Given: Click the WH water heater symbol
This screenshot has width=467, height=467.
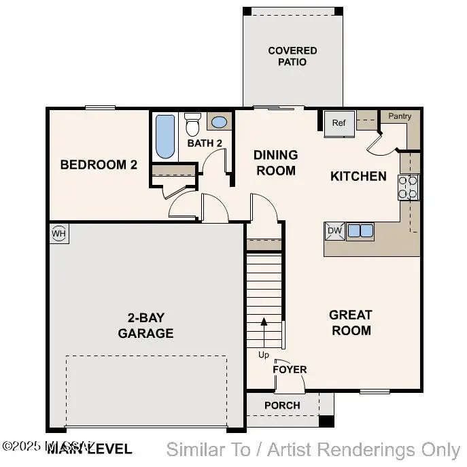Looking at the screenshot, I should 59,234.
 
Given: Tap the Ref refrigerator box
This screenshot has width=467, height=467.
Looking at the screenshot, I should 339,123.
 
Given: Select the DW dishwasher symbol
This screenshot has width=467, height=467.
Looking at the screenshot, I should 334,231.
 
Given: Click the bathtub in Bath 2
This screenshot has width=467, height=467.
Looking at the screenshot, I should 165,136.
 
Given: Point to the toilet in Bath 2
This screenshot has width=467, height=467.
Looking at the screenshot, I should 193,124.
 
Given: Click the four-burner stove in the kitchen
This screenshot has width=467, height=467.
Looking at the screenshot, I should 409,187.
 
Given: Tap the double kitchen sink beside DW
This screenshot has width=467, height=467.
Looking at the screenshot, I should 360,231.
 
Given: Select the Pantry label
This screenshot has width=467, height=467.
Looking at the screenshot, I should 400,116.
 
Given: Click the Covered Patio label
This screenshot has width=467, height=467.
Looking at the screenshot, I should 292,56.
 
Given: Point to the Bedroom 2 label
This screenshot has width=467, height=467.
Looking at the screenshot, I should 94,165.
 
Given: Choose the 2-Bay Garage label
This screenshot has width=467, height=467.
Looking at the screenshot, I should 145,325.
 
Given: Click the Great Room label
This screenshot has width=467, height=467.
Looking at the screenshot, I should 351,323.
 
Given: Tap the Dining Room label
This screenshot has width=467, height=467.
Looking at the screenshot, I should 275,162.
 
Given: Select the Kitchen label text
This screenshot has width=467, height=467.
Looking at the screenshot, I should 358,176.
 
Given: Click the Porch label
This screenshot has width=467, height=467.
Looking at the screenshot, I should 282,405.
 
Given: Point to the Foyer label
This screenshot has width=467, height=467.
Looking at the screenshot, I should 290,369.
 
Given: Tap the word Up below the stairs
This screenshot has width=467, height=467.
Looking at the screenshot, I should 263,355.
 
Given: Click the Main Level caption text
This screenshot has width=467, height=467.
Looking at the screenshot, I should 88,449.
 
